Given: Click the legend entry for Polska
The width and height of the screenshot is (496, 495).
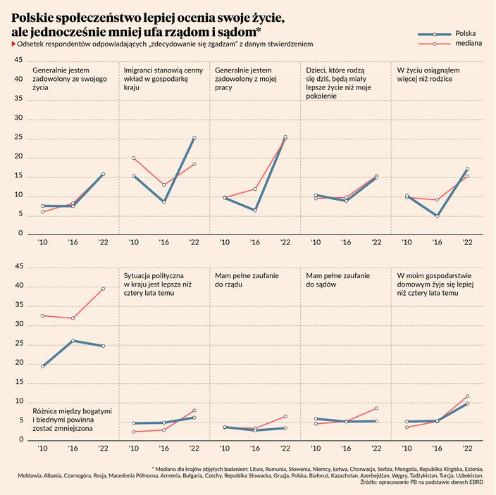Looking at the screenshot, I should tap(466, 33).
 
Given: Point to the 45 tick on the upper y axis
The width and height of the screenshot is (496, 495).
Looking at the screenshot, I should tap(18, 61).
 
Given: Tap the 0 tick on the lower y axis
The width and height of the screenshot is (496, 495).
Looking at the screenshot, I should tap(21, 439).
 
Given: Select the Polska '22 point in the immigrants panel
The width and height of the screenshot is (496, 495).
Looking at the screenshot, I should tap(194, 138).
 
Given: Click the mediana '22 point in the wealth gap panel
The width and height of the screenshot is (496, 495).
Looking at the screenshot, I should tap(103, 289).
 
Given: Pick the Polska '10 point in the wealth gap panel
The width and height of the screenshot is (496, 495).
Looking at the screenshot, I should tap(42, 366).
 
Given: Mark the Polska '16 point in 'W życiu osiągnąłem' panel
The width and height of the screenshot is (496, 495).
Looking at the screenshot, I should tap(437, 216).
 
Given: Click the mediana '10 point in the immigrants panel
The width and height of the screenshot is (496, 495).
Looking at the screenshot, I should tap(134, 158).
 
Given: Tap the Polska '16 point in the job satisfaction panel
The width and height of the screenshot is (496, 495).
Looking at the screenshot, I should tap(255, 211).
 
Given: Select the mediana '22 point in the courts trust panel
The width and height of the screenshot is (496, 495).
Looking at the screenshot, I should tap(376, 408).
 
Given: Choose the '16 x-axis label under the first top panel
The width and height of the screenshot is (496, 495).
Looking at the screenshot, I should tap(73, 242).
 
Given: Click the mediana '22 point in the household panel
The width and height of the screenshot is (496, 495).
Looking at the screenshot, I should tap(467, 396).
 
